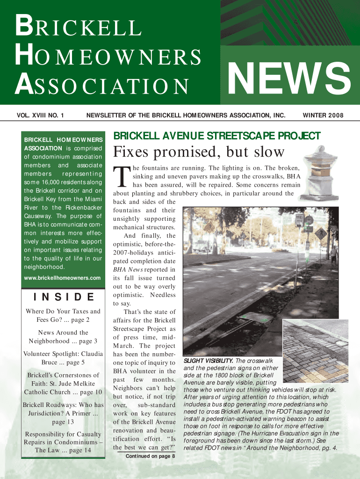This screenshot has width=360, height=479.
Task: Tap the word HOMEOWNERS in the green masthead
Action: [x=108, y=57]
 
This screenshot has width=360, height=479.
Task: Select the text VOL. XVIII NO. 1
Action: [x=40, y=115]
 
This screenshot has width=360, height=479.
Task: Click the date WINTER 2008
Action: [x=323, y=115]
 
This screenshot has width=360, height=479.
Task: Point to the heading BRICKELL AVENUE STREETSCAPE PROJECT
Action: [x=217, y=136]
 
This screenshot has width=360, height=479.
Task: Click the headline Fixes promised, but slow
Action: [x=199, y=152]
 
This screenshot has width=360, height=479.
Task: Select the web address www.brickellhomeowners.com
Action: [x=62, y=278]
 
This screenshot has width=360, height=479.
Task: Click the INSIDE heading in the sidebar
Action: [x=63, y=297]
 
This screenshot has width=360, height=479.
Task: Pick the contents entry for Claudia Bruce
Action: [x=63, y=358]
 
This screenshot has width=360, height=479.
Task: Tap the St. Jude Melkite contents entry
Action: [x=63, y=384]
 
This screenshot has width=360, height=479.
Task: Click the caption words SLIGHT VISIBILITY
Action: [x=208, y=361]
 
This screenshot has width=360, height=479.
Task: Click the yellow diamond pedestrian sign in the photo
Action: [x=320, y=232]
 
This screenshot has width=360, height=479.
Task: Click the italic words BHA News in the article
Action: [x=130, y=270]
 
